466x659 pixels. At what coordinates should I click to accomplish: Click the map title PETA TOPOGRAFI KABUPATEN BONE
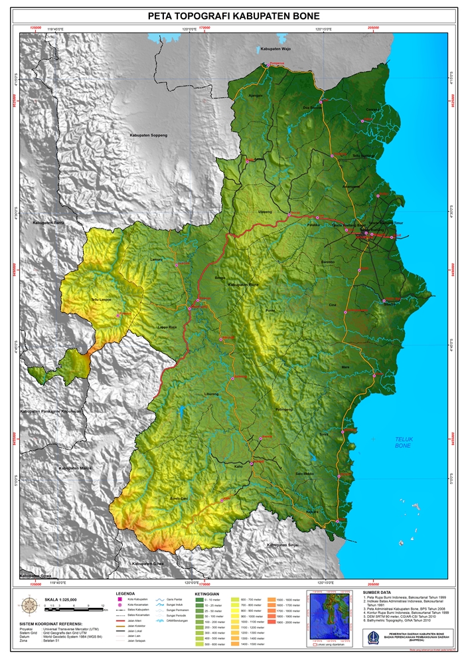tap(233, 16)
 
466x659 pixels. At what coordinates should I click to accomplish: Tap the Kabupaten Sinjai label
tap(283, 545)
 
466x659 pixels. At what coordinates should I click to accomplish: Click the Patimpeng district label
tap(283, 409)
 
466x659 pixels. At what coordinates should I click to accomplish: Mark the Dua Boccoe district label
tap(311, 108)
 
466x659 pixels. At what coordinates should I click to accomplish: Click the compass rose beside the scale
tap(30, 605)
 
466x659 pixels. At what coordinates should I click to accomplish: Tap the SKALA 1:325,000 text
tap(60, 599)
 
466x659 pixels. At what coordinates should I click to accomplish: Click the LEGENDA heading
tap(125, 593)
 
